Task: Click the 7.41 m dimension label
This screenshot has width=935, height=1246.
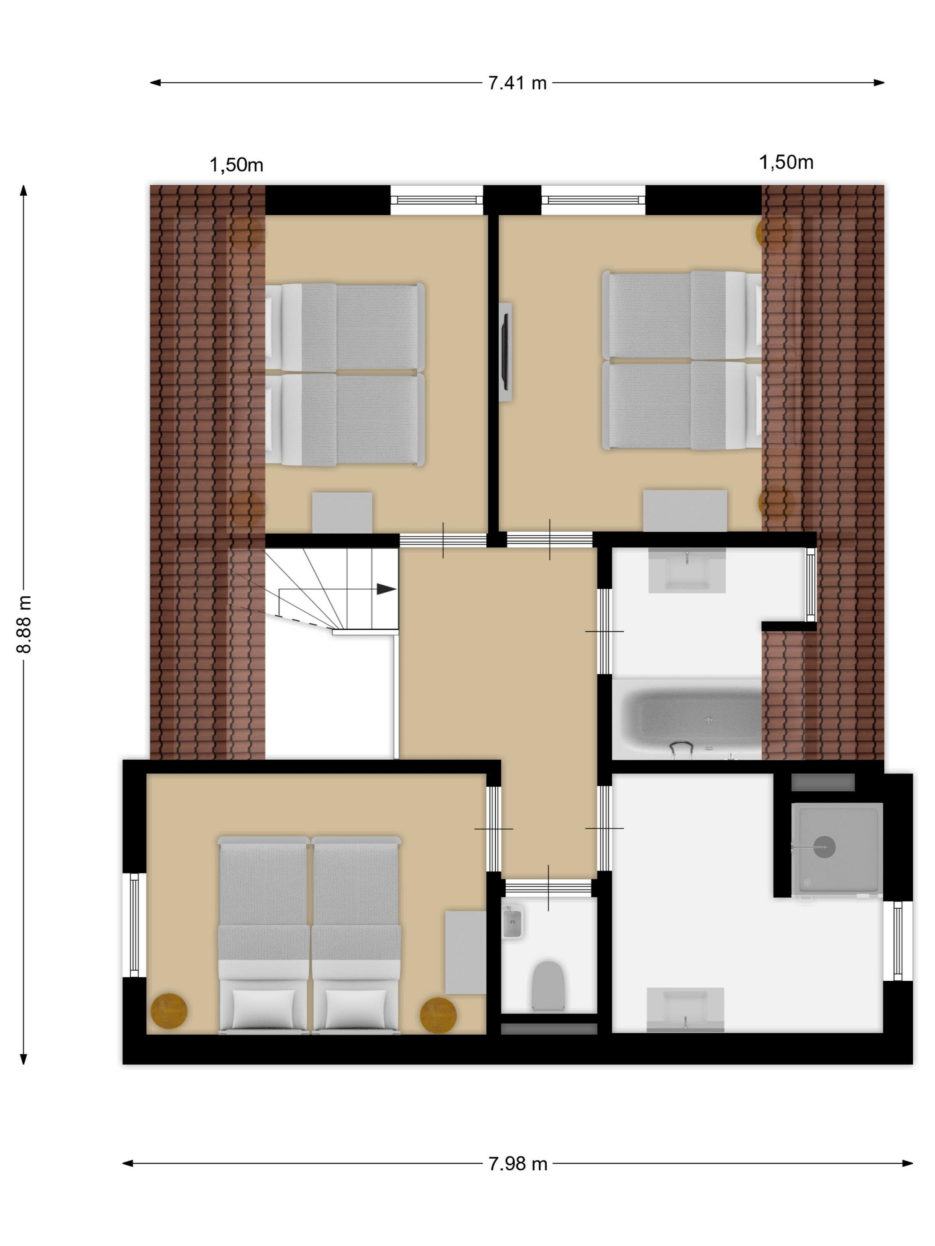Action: [517, 83]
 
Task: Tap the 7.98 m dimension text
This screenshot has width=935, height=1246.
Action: [518, 1163]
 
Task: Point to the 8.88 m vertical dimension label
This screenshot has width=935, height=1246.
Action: [24, 624]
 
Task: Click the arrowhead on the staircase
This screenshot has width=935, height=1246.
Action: [386, 589]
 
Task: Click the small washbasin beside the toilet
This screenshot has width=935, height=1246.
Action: [512, 922]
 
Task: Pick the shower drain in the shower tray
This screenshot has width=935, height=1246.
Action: [825, 846]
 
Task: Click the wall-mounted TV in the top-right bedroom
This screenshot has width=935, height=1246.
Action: [505, 352]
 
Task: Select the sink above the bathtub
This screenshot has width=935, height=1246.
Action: [687, 570]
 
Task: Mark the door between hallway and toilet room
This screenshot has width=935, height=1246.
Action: [549, 888]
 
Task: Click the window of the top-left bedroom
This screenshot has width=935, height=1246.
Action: [437, 200]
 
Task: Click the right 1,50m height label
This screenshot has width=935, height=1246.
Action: [786, 163]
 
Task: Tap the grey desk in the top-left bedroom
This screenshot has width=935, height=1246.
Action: [342, 513]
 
